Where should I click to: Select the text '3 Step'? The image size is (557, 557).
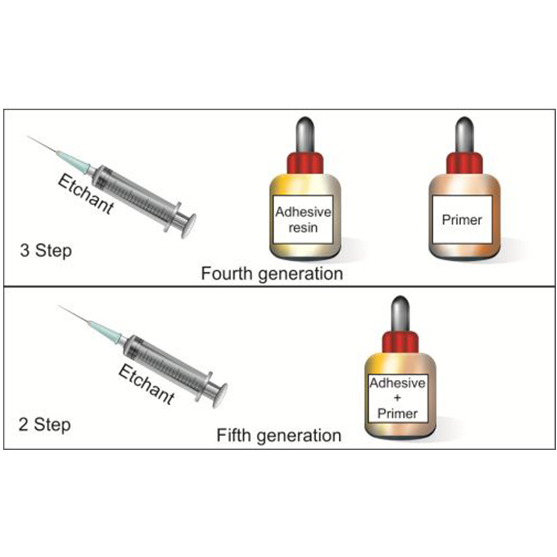46,250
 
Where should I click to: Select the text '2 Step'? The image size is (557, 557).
45,425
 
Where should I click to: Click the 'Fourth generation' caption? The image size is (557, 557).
272,273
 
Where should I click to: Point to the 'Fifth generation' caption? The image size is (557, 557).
278,434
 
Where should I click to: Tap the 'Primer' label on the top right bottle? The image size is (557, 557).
462,219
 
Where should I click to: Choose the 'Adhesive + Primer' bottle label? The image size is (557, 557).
398,398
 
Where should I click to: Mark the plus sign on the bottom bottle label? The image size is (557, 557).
398,398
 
